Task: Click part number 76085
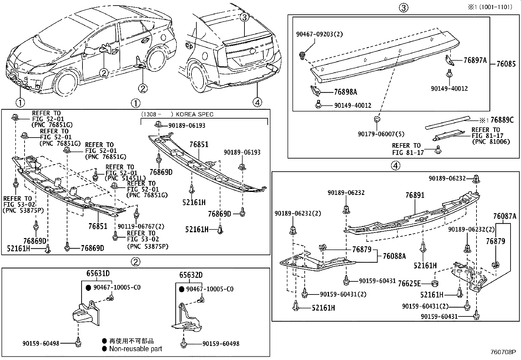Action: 506,64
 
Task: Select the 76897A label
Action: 475,60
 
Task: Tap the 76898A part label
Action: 345,92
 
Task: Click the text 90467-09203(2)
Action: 315,34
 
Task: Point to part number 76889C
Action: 502,120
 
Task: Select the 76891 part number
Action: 415,195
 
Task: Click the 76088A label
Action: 394,256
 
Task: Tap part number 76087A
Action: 505,216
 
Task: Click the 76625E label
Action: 409,284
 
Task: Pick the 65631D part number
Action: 98,274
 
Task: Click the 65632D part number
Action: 191,275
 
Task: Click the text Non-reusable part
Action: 135,349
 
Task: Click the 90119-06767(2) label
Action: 141,226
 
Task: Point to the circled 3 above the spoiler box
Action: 404,8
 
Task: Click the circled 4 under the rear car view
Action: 257,103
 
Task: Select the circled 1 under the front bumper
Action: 20,103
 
